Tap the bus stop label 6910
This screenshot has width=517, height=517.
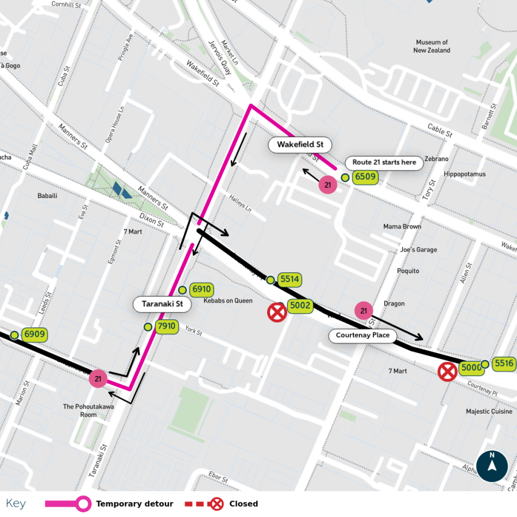tap(202, 290)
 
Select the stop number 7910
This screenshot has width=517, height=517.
tap(167, 327)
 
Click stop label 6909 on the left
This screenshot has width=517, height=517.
tap(34, 334)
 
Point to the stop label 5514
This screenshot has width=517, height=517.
tap(290, 280)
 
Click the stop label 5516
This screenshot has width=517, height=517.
tap(504, 363)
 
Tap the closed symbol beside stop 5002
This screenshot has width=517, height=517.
tap(277, 312)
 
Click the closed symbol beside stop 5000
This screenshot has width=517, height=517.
tap(447, 372)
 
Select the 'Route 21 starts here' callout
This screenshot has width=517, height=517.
tap(384, 163)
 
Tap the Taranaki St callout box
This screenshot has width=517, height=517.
tap(162, 304)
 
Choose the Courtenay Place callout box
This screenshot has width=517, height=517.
tap(362, 335)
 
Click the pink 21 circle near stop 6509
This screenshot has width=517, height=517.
tap(328, 186)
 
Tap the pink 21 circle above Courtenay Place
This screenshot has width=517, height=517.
tap(364, 311)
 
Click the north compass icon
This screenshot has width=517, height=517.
tap(492, 465)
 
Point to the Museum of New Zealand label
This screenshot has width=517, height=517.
tap(432, 47)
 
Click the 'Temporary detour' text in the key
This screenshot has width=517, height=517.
tap(134, 504)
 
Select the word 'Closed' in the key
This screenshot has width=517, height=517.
tap(244, 504)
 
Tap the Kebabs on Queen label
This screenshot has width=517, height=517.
tap(228, 300)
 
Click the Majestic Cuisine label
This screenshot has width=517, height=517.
tap(486, 411)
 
